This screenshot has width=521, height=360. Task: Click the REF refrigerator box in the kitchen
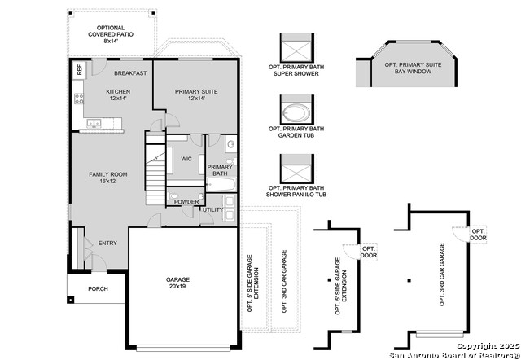(x=79, y=70)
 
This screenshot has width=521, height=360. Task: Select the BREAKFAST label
(x=130, y=73)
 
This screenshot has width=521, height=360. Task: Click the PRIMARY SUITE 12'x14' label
(x=196, y=95)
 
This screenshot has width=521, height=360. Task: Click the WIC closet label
(x=186, y=159)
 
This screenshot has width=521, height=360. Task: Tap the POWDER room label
(x=186, y=202)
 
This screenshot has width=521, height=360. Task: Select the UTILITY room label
(x=213, y=210)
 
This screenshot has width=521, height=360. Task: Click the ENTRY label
(x=107, y=243)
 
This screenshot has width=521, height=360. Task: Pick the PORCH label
(x=98, y=288)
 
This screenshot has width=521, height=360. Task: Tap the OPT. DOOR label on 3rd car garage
(x=478, y=235)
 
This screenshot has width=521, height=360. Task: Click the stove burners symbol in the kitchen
(x=80, y=101)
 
